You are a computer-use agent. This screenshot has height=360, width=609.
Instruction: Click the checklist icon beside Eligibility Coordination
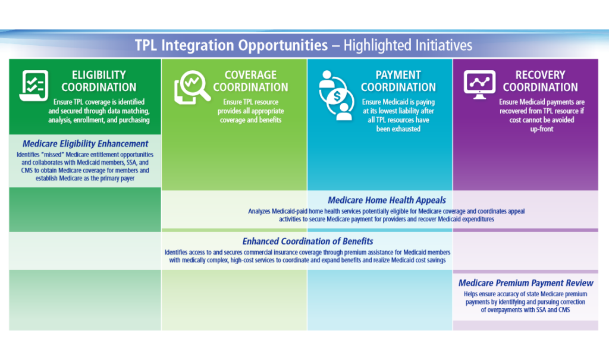34,86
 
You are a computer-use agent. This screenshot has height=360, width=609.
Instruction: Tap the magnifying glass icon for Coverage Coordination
192,87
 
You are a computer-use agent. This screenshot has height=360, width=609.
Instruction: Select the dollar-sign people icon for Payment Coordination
337,95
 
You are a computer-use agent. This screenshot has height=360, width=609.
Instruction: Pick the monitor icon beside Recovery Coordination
480,84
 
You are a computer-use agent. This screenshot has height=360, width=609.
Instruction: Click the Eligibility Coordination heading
99,81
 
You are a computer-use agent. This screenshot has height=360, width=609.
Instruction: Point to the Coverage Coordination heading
250,81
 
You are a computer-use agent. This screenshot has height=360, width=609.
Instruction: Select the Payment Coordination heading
398,81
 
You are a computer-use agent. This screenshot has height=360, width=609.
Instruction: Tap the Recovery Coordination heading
540,81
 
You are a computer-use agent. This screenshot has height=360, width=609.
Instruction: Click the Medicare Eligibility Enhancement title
86,144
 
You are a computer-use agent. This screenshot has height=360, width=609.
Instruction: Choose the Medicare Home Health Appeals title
387,200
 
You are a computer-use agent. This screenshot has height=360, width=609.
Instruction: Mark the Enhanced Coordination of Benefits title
307,242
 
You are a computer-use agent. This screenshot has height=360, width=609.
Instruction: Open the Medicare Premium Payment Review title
526,283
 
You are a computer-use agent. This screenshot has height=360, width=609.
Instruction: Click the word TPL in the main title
146,45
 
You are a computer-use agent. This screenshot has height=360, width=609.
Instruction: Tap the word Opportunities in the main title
282,46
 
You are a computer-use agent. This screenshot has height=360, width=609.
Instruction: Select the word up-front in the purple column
541,129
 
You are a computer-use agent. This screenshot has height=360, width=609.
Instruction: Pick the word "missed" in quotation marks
52,155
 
